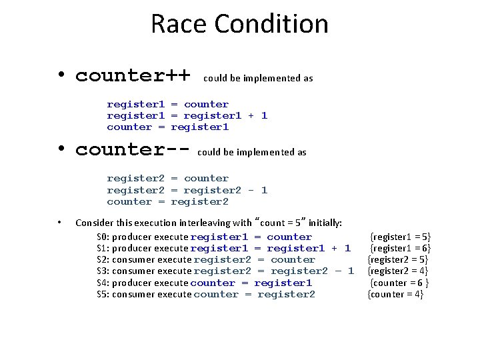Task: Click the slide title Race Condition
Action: click(x=239, y=25)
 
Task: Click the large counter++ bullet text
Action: click(x=133, y=75)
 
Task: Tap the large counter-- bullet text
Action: click(x=133, y=149)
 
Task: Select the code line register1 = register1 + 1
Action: click(x=187, y=115)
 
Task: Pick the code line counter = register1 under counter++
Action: click(x=167, y=127)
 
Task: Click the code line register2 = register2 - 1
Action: click(x=187, y=190)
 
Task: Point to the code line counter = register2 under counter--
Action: click(x=167, y=201)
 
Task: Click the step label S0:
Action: click(x=103, y=237)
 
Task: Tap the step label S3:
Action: click(x=103, y=271)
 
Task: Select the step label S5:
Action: click(x=103, y=295)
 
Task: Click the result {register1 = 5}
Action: click(x=401, y=237)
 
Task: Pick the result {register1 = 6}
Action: click(x=401, y=248)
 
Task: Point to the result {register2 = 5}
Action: click(x=398, y=259)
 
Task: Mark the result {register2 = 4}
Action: click(x=398, y=271)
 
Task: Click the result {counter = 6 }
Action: click(x=399, y=283)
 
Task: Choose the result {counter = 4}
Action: click(x=395, y=294)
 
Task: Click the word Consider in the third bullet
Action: click(x=93, y=223)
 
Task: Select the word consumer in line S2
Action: click(x=134, y=260)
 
